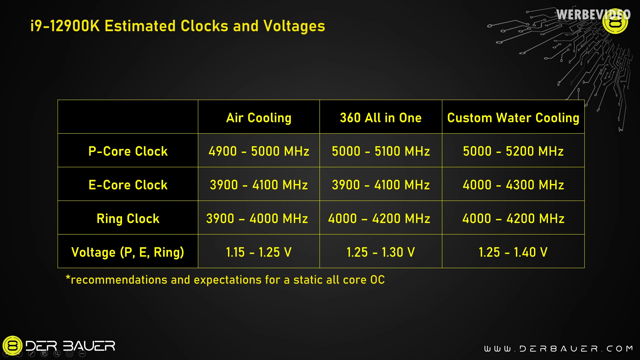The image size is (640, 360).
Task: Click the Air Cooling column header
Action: coord(259,118)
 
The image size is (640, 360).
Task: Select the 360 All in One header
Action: coord(381,118)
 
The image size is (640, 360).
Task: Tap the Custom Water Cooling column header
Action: coord(513,118)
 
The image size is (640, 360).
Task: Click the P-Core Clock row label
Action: coord(128,151)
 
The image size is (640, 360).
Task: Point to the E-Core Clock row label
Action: coord(128,185)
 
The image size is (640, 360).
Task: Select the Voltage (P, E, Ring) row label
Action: coord(128,252)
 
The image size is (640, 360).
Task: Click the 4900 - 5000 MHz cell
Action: coord(259,151)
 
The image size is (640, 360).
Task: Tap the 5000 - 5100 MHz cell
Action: coord(381,151)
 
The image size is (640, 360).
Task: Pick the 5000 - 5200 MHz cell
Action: coord(513,151)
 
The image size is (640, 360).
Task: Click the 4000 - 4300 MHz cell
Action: coord(513,185)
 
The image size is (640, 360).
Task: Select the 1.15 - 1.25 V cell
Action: coord(259,252)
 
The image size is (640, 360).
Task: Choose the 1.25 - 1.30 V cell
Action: coord(381,252)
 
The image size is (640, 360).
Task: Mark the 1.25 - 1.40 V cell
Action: coord(513,252)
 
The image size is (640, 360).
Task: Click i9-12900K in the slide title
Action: coord(65,26)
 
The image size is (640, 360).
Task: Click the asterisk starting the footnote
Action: coord(68,278)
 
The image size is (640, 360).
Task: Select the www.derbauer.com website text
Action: coord(559,349)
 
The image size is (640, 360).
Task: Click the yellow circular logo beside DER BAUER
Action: coord(13,346)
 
